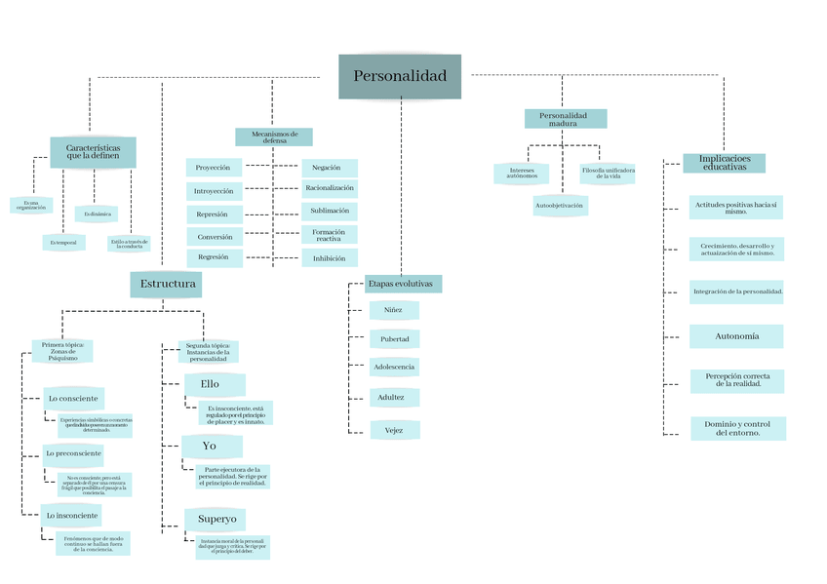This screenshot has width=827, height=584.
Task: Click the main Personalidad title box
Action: pyautogui.click(x=400, y=76)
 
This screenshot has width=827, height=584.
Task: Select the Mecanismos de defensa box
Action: pyautogui.click(x=274, y=136)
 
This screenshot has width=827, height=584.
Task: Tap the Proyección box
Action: pyautogui.click(x=214, y=168)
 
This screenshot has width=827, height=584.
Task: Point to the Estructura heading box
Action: pyautogui.click(x=168, y=285)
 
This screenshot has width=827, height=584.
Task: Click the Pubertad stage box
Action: pyautogui.click(x=394, y=339)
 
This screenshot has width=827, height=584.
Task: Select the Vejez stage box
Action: pyautogui.click(x=394, y=429)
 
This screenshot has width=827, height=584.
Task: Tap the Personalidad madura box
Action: pyautogui.click(x=565, y=119)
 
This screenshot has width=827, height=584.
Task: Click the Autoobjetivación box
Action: pyautogui.click(x=560, y=206)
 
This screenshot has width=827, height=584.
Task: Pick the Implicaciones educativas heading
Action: pyautogui.click(x=724, y=163)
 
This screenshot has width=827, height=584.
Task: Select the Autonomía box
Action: pyautogui.click(x=736, y=336)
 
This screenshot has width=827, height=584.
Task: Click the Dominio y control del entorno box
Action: pyautogui.click(x=737, y=429)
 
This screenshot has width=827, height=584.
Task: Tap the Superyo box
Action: pyautogui.click(x=216, y=519)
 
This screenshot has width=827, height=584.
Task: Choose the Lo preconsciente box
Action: pyautogui.click(x=73, y=453)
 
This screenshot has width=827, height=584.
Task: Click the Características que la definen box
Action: pyautogui.click(x=93, y=151)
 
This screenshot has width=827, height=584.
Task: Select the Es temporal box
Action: pyautogui.click(x=63, y=241)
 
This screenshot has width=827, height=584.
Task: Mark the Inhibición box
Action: pyautogui.click(x=330, y=258)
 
